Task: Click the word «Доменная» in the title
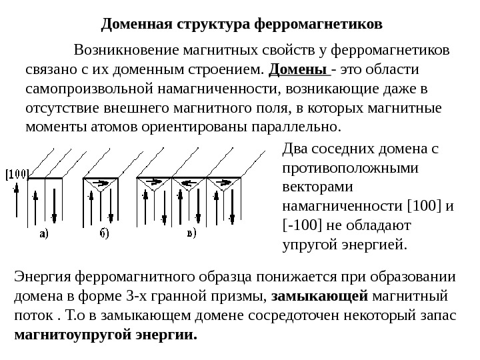pos(131,25)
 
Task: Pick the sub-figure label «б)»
pos(105,233)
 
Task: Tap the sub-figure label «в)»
pos(191,233)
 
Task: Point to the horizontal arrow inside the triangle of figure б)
pos(102,183)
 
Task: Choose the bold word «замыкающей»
pos(321,295)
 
